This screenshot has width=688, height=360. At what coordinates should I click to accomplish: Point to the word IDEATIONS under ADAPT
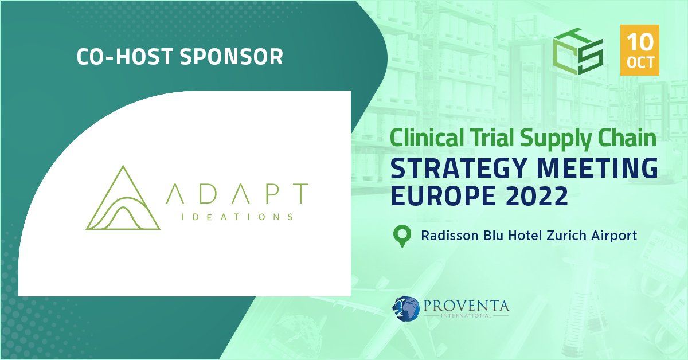point(228,217)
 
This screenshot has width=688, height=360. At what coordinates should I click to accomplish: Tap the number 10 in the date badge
point(640,42)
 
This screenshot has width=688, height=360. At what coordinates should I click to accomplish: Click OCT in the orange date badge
point(640,62)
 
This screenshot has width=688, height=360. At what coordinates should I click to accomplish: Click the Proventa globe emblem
point(406,307)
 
